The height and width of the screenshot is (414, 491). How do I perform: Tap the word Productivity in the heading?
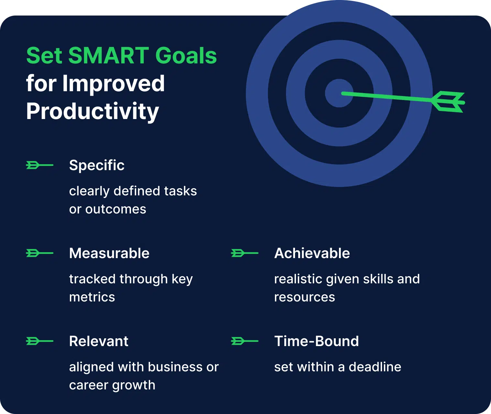[93, 111]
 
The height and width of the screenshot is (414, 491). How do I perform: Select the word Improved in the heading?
[114, 83]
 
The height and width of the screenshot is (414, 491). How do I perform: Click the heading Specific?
[97, 165]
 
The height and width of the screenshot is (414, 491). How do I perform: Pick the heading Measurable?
[109, 253]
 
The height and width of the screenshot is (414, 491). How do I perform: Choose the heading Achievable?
[312, 253]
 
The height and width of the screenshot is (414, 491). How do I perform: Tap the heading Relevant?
[99, 341]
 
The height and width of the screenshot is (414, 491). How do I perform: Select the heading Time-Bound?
[316, 341]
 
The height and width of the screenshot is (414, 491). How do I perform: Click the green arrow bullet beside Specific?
[39, 165]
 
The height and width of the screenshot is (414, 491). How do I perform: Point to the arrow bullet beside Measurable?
[39, 253]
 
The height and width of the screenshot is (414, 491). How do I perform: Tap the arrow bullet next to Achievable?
[245, 253]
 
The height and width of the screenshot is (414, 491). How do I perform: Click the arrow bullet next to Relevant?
[39, 341]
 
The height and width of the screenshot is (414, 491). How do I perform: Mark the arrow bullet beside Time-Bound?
[245, 341]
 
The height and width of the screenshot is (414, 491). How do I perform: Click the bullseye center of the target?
[339, 93]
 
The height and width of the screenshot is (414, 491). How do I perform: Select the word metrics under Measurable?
[92, 297]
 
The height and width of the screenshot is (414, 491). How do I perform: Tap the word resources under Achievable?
[304, 297]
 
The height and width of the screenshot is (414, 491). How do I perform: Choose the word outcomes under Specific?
[115, 209]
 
